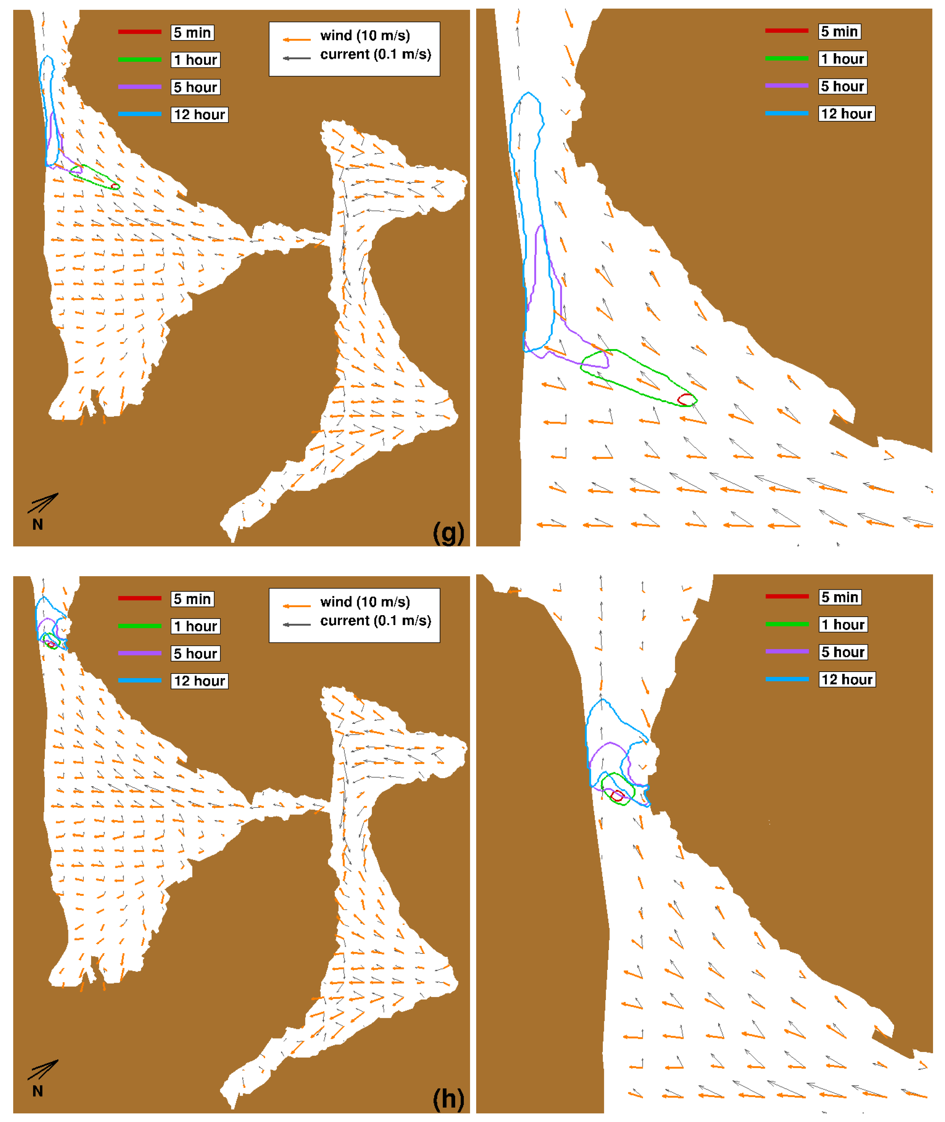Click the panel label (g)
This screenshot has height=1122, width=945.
click(x=448, y=532)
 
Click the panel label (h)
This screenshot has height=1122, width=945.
click(x=448, y=1099)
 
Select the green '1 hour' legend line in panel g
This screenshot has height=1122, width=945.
click(x=140, y=60)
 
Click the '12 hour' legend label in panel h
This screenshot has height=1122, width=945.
click(x=199, y=681)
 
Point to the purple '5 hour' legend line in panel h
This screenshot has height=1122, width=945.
click(x=140, y=653)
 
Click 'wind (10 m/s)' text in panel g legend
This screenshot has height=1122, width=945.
click(x=365, y=35)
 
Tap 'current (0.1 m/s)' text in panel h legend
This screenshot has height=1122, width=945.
click(x=376, y=621)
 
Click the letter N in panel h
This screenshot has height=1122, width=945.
click(x=37, y=1091)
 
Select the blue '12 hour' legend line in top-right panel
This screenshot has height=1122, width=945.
click(x=786, y=113)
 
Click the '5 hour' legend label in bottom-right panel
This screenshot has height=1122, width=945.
click(x=843, y=652)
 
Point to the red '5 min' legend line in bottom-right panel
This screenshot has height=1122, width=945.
click(x=786, y=596)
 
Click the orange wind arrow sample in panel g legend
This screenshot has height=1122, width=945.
click(x=297, y=39)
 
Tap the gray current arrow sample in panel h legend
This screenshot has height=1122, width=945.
click(x=297, y=624)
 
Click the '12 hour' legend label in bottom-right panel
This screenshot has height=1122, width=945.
click(x=847, y=679)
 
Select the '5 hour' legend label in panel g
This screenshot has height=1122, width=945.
click(x=195, y=87)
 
